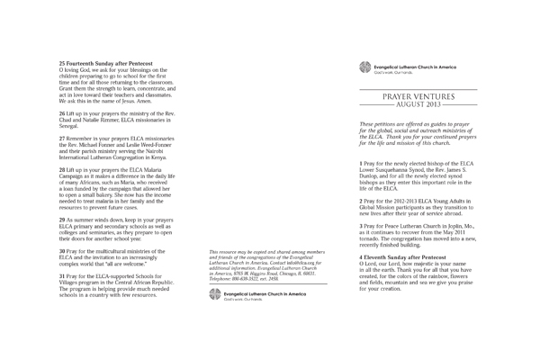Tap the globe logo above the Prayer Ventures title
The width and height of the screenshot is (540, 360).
364,66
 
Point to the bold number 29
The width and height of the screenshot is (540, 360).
62,220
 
